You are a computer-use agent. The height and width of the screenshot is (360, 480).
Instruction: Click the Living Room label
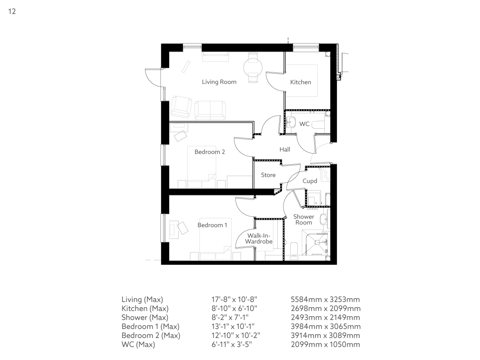pyautogui.click(x=219, y=82)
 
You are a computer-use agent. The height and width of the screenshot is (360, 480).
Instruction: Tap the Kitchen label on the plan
pyautogui.click(x=300, y=82)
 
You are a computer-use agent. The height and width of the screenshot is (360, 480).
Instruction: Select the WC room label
pyautogui.click(x=304, y=124)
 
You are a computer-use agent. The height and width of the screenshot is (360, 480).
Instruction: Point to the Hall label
pyautogui.click(x=285, y=149)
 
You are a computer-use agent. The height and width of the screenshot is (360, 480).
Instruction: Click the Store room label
pyautogui.click(x=268, y=175)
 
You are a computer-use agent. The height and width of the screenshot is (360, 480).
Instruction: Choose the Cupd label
pyautogui.click(x=310, y=181)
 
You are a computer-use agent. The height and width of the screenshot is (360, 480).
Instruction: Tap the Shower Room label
pyautogui.click(x=303, y=219)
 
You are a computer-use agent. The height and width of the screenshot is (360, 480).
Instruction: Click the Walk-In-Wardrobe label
pyautogui.click(x=259, y=238)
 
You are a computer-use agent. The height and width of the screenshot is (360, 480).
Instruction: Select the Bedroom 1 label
pyautogui.click(x=212, y=225)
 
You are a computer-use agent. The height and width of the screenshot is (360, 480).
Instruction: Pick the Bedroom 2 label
pyautogui.click(x=210, y=152)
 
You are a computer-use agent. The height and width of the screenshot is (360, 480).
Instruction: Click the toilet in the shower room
pyautogui.click(x=294, y=249)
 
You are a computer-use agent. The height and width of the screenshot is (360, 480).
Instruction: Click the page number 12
pyautogui.click(x=12, y=11)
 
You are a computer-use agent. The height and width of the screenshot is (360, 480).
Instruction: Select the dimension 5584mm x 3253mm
pyautogui.click(x=325, y=299)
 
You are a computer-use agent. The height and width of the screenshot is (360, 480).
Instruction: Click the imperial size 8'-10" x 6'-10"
pyautogui.click(x=234, y=308)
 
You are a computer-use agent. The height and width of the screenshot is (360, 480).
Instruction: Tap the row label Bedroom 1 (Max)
pyautogui.click(x=150, y=326)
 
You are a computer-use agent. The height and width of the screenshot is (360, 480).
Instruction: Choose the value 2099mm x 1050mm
pyautogui.click(x=325, y=344)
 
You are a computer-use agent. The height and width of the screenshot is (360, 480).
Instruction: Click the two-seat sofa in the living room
pyautogui.click(x=210, y=110)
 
